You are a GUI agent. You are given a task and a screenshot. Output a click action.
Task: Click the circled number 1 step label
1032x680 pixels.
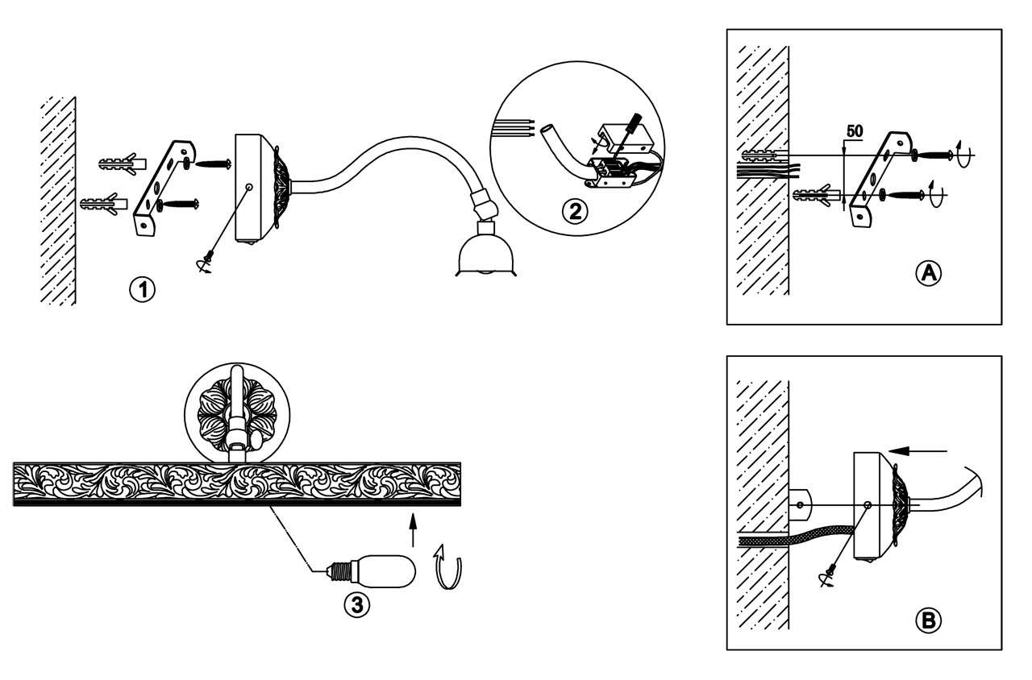pyautogui.click(x=143, y=290)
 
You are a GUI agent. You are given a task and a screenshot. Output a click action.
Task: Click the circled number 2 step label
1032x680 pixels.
pyautogui.click(x=575, y=212)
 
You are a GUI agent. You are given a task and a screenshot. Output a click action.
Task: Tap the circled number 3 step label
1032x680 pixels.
pyautogui.click(x=357, y=605)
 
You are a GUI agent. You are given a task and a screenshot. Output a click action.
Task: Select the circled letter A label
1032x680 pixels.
pyautogui.click(x=928, y=274)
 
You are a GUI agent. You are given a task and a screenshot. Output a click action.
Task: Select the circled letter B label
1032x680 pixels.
pyautogui.click(x=928, y=621)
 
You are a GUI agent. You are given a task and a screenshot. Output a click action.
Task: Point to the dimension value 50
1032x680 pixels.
pyautogui.click(x=855, y=131)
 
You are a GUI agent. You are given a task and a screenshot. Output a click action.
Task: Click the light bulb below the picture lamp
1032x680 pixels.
pyautogui.click(x=372, y=571)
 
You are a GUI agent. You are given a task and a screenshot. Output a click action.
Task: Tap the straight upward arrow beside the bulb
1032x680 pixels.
pyautogui.click(x=413, y=529)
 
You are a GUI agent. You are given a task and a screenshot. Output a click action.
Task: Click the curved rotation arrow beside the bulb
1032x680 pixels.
pyautogui.click(x=447, y=567)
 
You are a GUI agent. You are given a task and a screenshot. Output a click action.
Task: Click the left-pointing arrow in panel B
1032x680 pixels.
pyautogui.click(x=918, y=451)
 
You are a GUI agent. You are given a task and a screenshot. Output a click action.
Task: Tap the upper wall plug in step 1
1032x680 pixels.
pyautogui.click(x=122, y=164)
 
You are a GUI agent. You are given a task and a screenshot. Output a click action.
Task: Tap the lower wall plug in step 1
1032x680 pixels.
pyautogui.click(x=104, y=203)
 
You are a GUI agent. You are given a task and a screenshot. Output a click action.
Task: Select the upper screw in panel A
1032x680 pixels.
pyautogui.click(x=933, y=155)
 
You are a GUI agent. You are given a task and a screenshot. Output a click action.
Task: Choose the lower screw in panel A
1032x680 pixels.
pyautogui.click(x=902, y=195)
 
